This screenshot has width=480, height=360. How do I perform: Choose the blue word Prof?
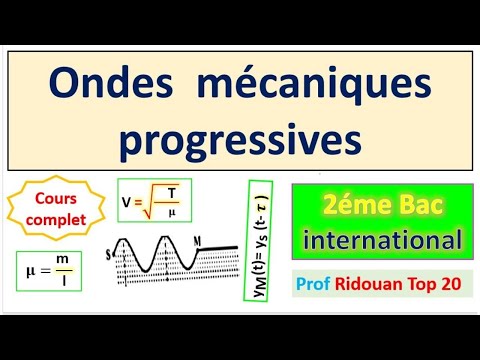(312, 285)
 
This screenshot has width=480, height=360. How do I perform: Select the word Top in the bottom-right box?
(418, 285)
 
